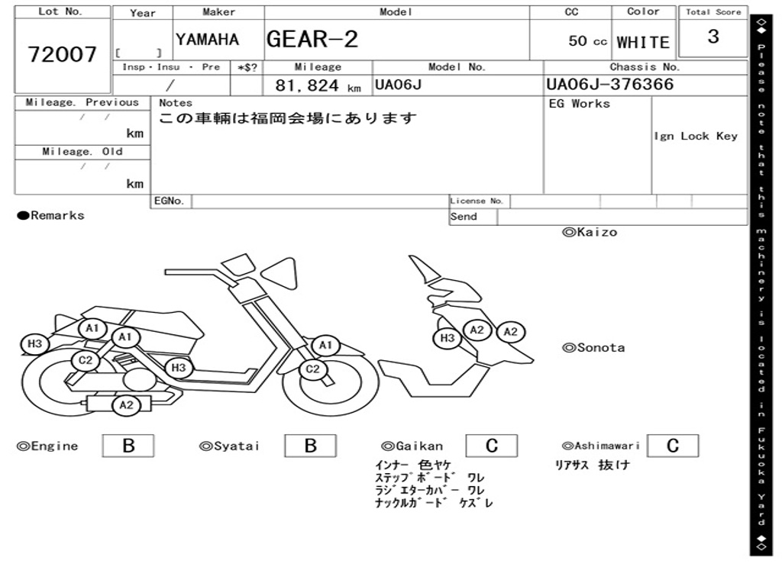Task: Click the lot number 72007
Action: (63, 54)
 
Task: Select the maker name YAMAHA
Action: (207, 40)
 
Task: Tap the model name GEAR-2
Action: (312, 39)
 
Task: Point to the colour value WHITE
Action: (643, 42)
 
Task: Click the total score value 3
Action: (713, 37)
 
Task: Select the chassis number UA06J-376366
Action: (610, 84)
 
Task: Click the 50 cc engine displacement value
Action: (587, 41)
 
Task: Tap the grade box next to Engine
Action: (128, 446)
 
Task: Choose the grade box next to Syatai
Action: (310, 446)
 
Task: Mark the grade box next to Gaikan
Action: (491, 446)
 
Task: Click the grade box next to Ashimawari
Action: (672, 446)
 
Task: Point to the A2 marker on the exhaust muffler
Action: (126, 405)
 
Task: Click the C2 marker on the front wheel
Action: (312, 370)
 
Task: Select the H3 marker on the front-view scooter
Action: (448, 338)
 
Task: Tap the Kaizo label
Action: (590, 232)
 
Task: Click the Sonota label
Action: (593, 348)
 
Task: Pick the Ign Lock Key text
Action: (696, 136)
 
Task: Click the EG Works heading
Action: (580, 103)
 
